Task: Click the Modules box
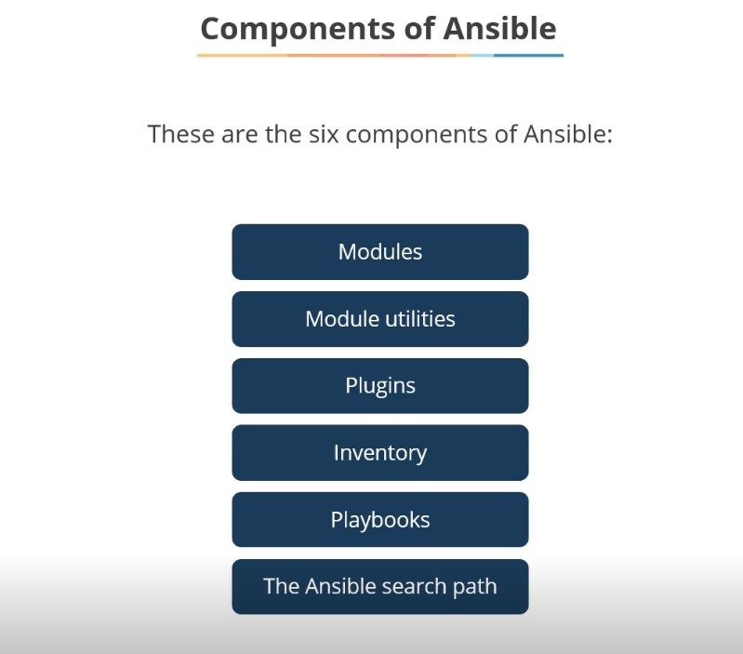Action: (379, 252)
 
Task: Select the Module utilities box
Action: (379, 319)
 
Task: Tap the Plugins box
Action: (379, 386)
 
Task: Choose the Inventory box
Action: (379, 453)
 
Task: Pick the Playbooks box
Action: (379, 520)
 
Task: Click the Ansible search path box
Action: (379, 587)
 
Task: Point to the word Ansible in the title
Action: (499, 29)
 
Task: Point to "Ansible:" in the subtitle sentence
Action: (568, 134)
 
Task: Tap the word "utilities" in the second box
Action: (419, 319)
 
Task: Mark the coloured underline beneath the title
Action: (379, 55)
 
